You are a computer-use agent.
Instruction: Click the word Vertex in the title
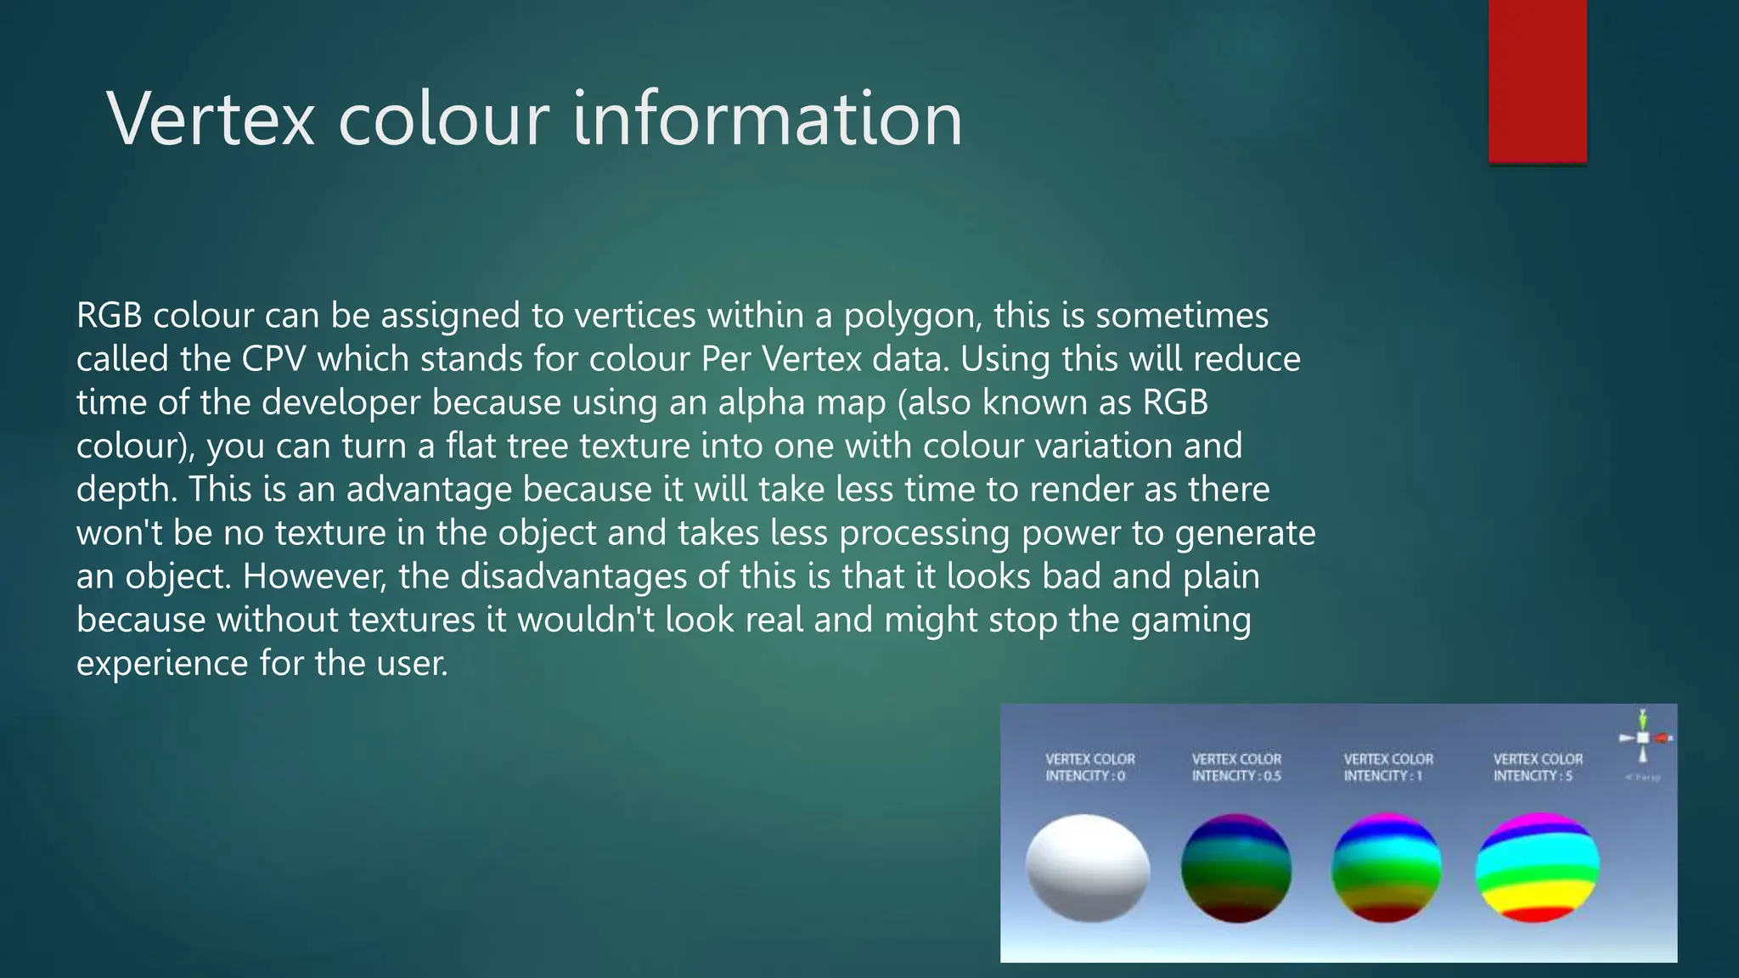tap(211, 119)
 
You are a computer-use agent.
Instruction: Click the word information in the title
tap(768, 119)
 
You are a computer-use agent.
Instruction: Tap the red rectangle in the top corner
tap(1537, 81)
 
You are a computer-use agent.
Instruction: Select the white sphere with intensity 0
tap(1088, 868)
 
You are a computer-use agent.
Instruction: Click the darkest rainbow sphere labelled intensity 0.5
tap(1236, 868)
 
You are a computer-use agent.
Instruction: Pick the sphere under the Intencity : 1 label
tap(1386, 868)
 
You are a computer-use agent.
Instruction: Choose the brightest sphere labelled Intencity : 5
tap(1538, 868)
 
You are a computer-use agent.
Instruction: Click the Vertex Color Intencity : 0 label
tap(1089, 767)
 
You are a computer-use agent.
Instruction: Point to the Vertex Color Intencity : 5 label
tap(1538, 767)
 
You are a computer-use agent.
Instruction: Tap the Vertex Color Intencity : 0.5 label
tap(1236, 767)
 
